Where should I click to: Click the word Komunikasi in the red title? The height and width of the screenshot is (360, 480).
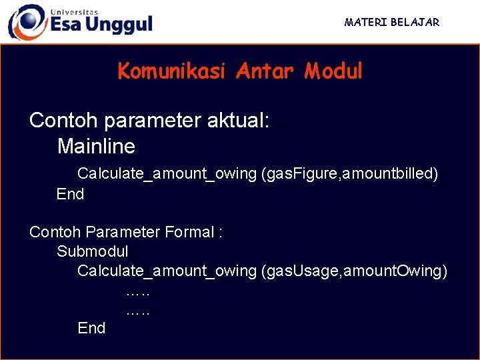[171, 71]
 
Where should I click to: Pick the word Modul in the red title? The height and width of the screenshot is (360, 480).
[333, 71]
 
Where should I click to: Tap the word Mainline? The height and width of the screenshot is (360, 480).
[96, 146]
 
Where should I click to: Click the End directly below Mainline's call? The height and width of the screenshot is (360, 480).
[70, 194]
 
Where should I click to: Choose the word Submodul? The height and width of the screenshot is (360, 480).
[93, 251]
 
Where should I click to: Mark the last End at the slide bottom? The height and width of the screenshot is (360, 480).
[91, 328]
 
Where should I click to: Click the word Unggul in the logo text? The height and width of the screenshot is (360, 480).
[120, 25]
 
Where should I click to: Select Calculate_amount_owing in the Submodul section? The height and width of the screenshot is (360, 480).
[167, 271]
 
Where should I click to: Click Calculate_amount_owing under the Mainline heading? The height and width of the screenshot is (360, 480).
[167, 174]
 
